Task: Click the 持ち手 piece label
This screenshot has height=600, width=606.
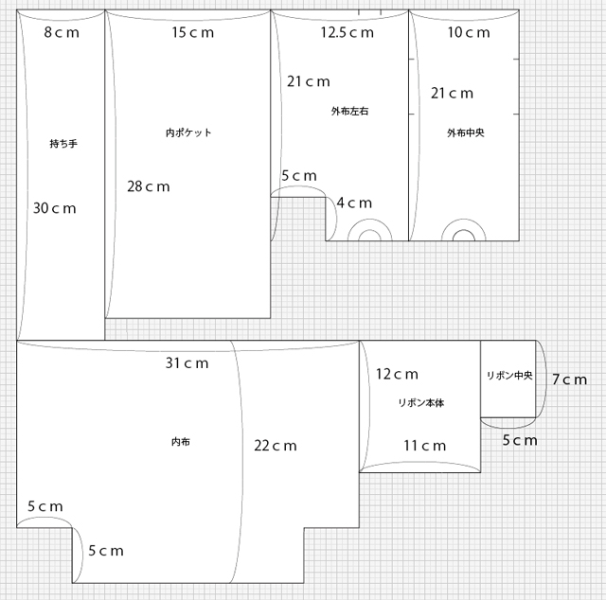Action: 63,144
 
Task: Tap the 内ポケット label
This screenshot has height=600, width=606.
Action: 188,132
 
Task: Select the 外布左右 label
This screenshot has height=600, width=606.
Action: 349,112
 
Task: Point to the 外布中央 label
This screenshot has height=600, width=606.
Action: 466,132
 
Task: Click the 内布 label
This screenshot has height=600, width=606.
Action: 181,442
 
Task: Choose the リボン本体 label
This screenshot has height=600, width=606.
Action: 421,403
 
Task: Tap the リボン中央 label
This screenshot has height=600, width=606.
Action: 509,375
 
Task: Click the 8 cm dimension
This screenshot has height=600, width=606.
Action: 62,32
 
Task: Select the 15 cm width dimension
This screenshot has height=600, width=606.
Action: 193,32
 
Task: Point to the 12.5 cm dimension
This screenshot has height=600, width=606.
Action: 348,32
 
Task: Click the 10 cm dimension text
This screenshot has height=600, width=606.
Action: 469,32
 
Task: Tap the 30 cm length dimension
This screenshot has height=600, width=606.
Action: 55,208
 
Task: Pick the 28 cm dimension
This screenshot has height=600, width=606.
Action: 149,186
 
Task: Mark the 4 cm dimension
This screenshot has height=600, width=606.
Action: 354,203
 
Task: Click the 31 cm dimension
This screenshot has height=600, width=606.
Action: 187,363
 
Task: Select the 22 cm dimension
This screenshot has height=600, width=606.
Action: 276,446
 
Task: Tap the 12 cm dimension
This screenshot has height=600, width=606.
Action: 398,374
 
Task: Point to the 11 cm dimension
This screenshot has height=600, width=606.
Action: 425,446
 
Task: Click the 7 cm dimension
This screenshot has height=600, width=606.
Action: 570,379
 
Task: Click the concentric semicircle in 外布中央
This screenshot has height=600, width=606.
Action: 463,220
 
